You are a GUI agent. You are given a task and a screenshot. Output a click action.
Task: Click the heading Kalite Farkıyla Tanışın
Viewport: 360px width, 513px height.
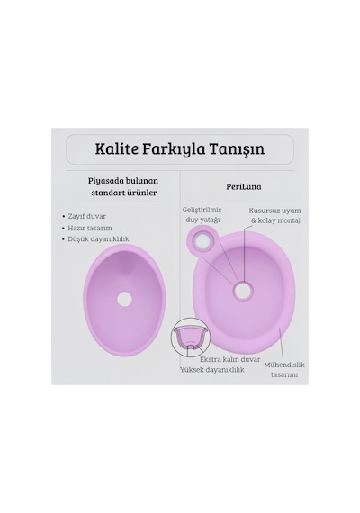tap(180, 148)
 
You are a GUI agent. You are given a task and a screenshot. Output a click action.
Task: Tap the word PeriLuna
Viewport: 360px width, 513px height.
tap(244, 186)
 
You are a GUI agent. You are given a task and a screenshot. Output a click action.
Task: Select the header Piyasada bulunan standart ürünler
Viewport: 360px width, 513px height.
tap(123, 186)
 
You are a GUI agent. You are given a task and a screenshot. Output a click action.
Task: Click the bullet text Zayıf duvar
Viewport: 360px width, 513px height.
tap(86, 216)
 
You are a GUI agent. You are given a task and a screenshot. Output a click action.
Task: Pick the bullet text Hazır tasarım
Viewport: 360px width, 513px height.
tap(90, 228)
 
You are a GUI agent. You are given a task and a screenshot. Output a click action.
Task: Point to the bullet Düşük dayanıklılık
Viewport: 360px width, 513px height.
tap(98, 239)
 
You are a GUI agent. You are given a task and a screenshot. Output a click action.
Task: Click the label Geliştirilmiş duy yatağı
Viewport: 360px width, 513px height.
tap(202, 215)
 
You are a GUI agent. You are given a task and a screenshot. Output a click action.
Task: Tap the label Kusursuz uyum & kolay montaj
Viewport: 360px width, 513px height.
tap(274, 216)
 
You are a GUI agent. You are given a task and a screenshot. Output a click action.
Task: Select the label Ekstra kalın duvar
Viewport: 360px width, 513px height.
tap(230, 359)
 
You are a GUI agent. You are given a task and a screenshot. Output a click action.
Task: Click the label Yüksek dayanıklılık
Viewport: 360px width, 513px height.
tap(212, 370)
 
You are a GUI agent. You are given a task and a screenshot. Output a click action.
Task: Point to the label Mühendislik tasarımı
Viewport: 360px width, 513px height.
tap(284, 369)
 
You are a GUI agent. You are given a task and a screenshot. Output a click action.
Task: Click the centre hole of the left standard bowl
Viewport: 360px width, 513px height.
tap(124, 299)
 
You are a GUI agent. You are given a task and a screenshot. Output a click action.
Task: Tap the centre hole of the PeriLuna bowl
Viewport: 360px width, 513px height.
tap(242, 290)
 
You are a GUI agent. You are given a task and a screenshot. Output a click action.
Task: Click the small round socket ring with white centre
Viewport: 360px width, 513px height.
tap(202, 242)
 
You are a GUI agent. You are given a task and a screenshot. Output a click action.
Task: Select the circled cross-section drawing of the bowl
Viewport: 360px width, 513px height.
tap(189, 337)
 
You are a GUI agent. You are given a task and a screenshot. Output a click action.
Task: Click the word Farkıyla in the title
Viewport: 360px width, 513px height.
tap(174, 149)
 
